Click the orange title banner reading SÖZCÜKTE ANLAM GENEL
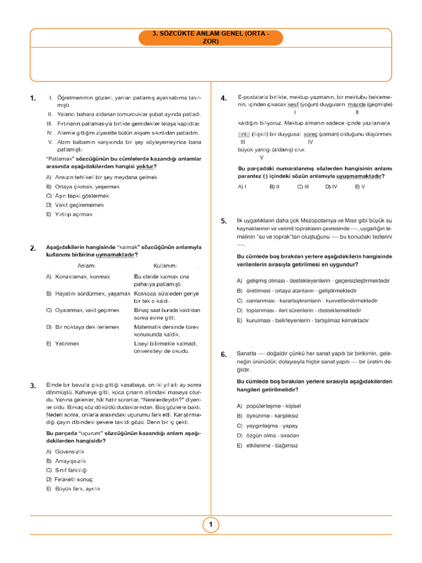point(211,37)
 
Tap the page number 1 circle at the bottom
point(211,525)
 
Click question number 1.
point(33,98)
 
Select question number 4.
point(224,98)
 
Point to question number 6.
point(224,355)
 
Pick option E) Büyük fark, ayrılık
point(73,488)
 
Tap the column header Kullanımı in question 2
point(165,266)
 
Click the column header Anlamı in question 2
point(87,266)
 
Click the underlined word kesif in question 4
point(293,104)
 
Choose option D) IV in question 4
point(331,187)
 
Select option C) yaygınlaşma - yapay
point(272,426)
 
